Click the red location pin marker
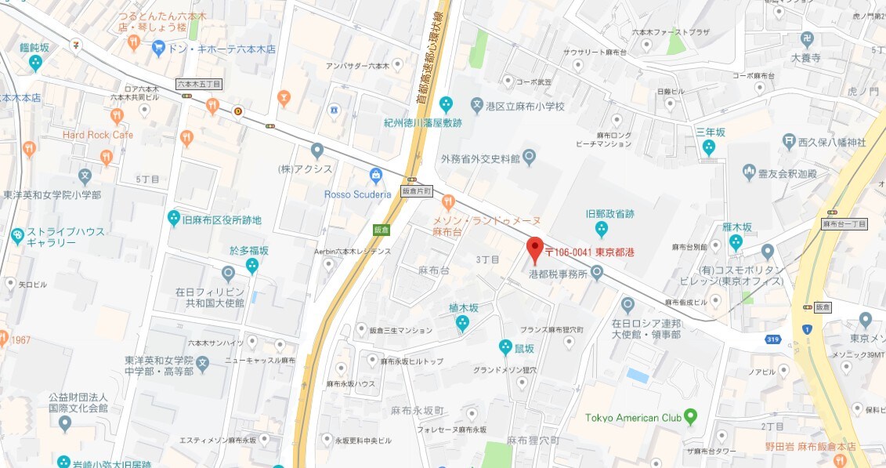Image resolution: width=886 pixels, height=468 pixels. click(x=534, y=249)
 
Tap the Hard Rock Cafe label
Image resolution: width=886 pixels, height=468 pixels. click(x=98, y=135)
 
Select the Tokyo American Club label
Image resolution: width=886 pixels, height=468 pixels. click(x=633, y=418)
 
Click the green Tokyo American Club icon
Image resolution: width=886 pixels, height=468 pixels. click(x=690, y=416)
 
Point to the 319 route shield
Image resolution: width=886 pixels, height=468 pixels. click(x=773, y=338)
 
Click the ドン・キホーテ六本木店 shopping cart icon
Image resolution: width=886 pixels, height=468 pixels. click(x=159, y=49)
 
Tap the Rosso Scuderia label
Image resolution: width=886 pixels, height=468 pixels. click(x=356, y=194)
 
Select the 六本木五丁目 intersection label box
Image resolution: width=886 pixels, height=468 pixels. click(x=199, y=83)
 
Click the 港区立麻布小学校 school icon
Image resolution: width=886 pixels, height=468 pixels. click(x=477, y=104)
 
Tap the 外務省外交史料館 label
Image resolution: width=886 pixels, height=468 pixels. click(x=480, y=159)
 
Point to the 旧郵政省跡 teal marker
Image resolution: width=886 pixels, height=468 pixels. click(x=601, y=229)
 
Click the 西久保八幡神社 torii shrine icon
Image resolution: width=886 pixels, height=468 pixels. click(x=789, y=142)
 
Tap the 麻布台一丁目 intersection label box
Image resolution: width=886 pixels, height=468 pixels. click(x=844, y=224)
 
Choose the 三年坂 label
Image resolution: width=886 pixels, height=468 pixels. click(x=710, y=132)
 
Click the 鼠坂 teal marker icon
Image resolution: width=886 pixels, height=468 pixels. click(x=507, y=347)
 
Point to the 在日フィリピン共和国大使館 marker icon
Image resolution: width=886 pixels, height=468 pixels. click(x=228, y=274)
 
